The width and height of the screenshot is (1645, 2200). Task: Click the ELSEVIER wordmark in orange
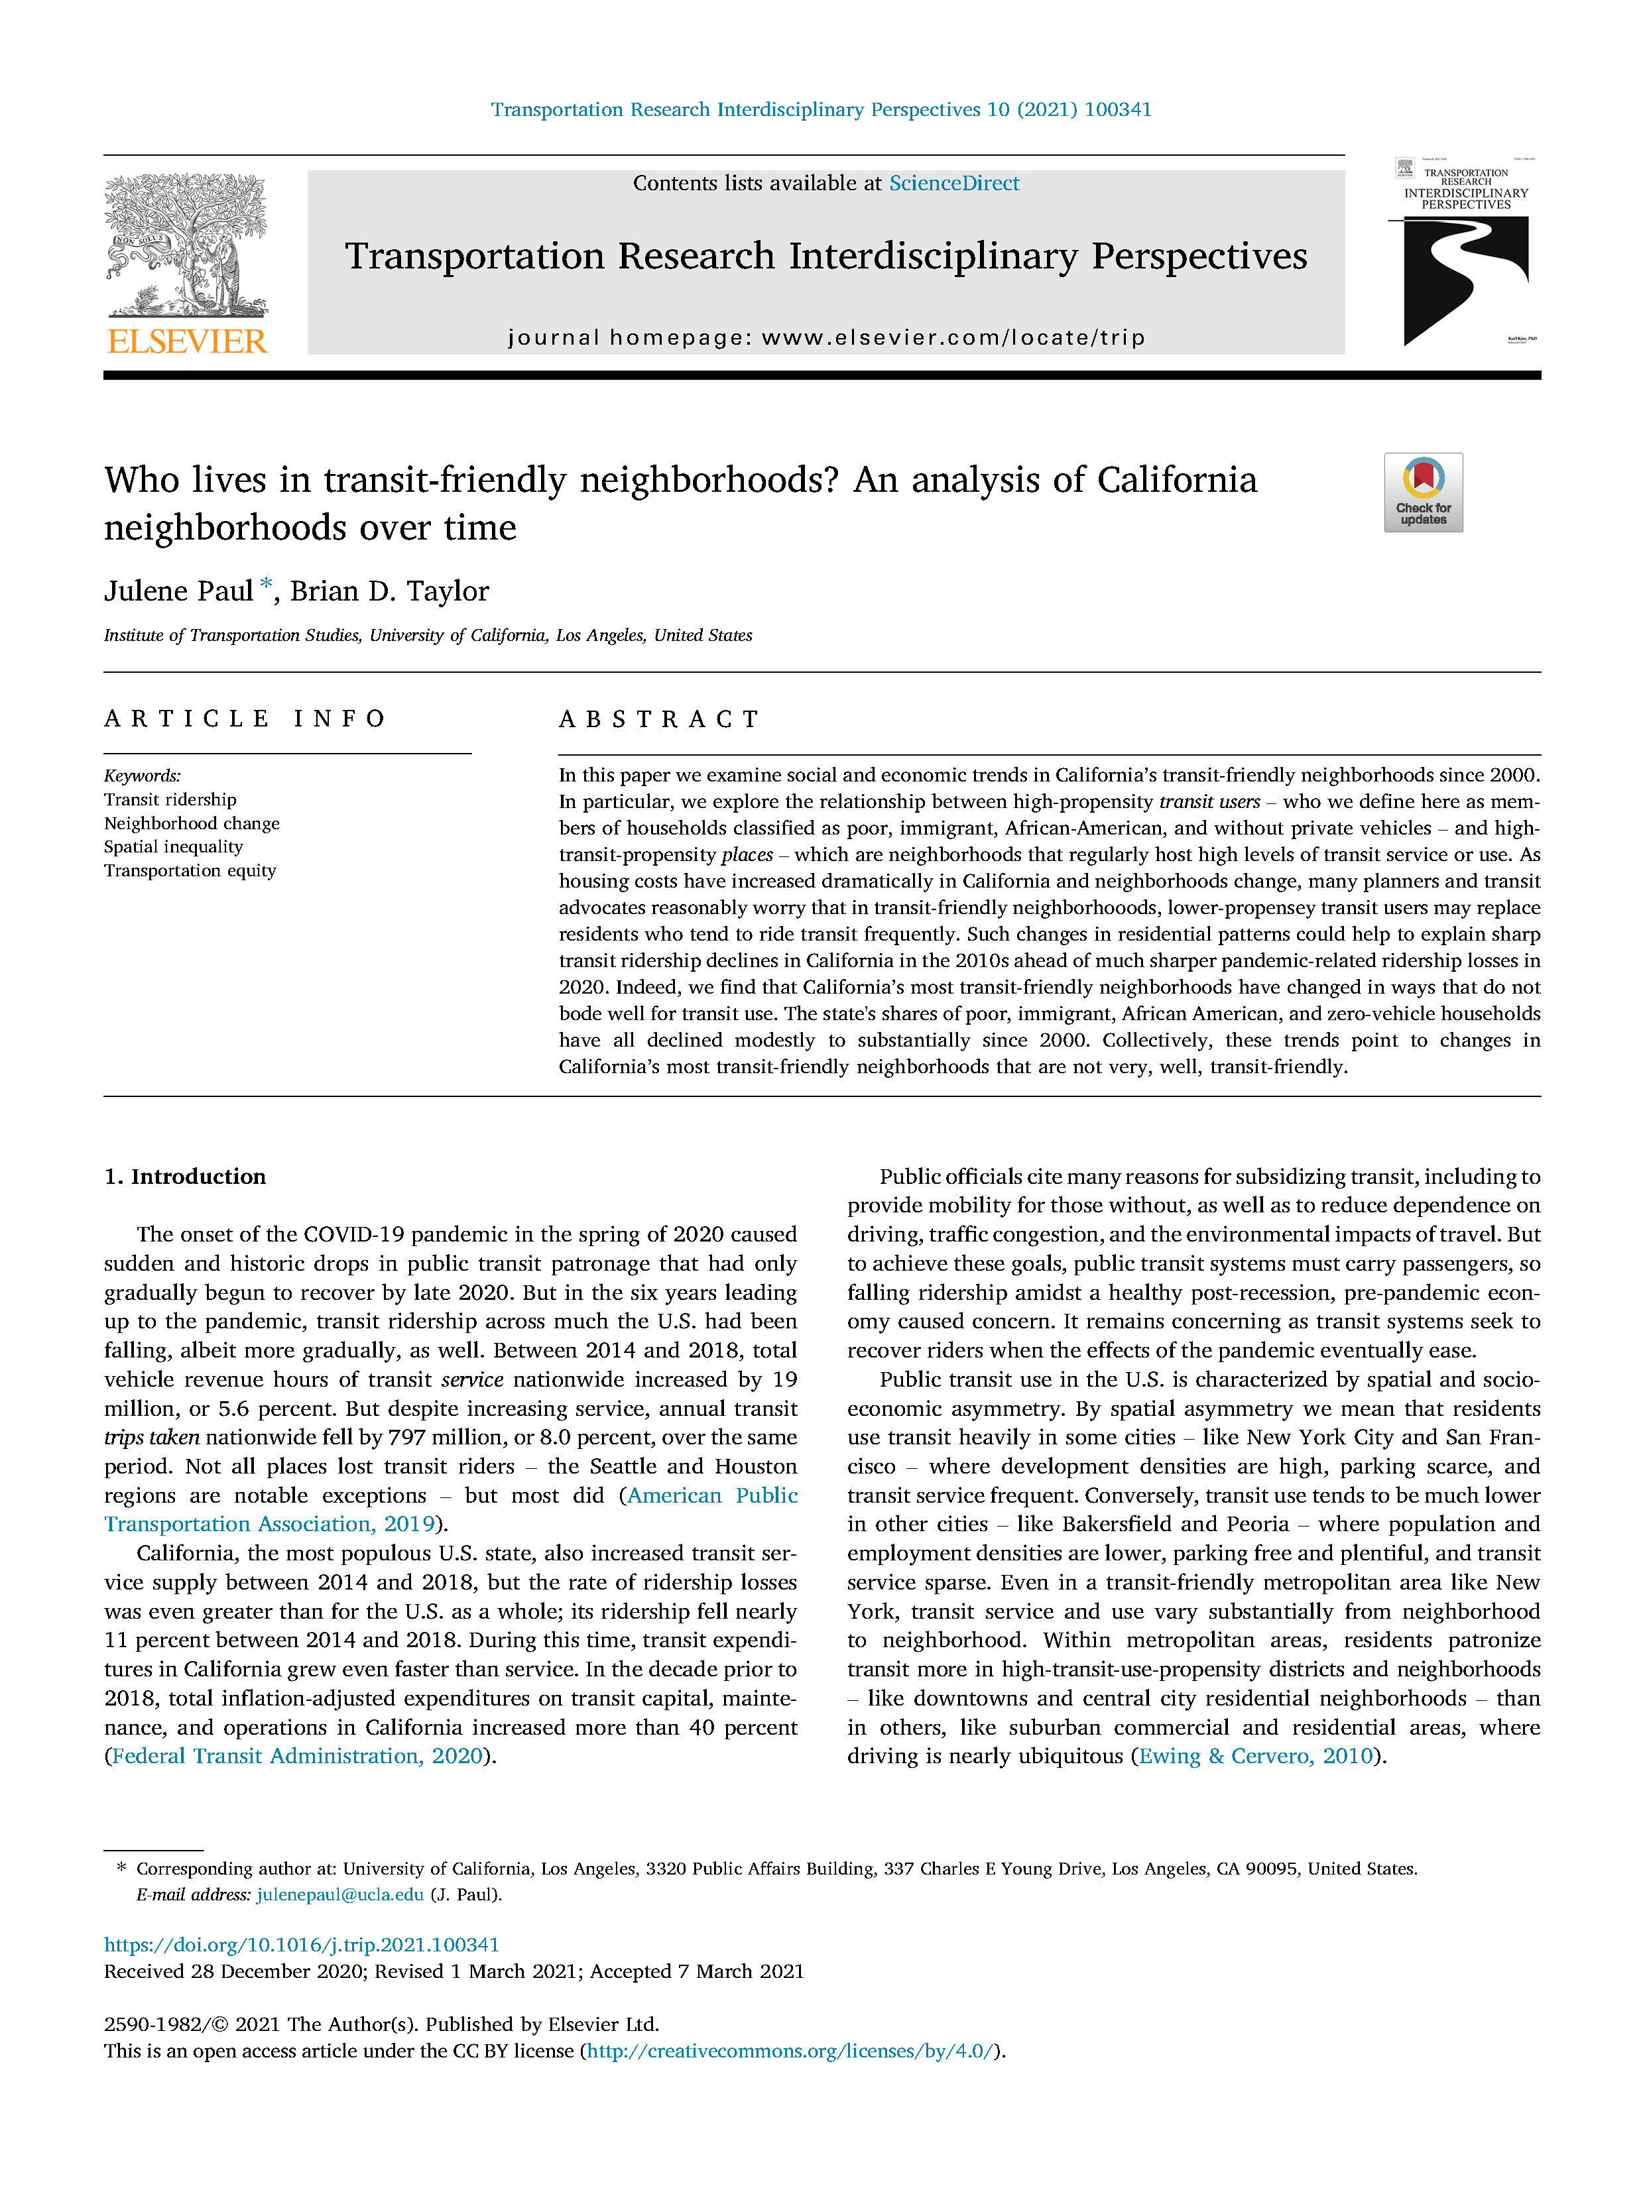187,342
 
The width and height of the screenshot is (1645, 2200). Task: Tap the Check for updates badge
1422,492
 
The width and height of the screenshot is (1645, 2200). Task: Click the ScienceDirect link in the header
953,183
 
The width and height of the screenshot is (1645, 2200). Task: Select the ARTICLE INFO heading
245,719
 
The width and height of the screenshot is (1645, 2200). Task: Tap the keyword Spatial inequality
173,846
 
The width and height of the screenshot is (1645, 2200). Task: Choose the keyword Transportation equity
190,870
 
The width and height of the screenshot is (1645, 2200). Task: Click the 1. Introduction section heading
185,1177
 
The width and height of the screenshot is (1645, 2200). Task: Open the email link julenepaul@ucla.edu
340,1894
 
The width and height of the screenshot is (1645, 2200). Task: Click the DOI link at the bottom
301,1944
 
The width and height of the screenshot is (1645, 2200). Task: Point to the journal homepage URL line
825,337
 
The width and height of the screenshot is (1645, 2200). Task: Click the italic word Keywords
141,776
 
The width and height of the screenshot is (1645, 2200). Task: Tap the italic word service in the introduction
471,1379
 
